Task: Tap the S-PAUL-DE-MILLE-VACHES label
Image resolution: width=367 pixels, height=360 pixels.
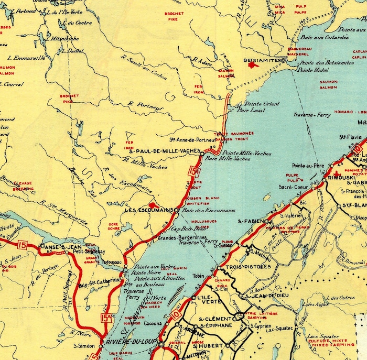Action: click(165, 151)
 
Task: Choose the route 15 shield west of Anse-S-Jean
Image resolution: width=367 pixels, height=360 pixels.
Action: click(21, 244)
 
